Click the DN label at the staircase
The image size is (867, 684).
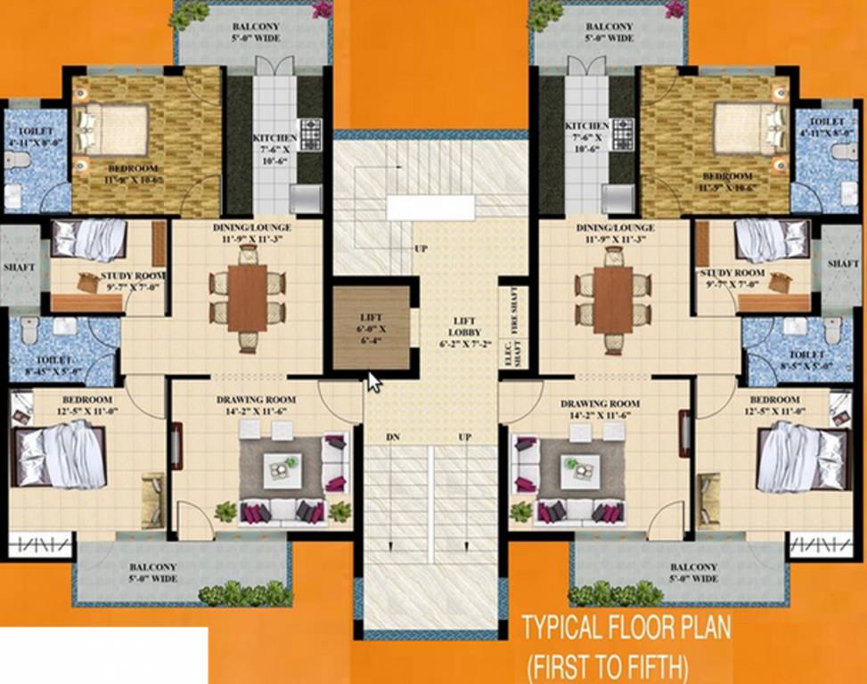click(392, 437)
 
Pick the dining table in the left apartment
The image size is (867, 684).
click(247, 297)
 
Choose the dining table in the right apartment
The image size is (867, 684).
click(613, 297)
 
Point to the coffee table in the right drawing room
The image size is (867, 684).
click(580, 465)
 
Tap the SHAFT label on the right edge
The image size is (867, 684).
click(843, 265)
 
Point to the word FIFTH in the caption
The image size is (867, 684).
click(649, 666)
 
